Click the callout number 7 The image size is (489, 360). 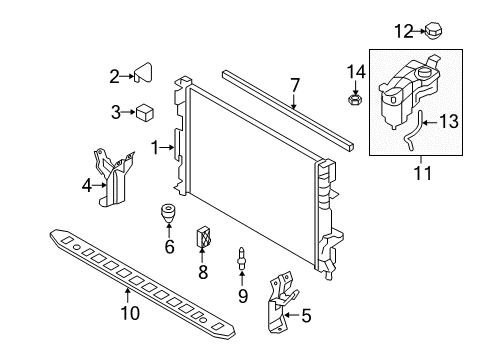tap(294, 85)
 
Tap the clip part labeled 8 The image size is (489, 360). tap(206, 237)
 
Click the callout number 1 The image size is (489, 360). tap(154, 147)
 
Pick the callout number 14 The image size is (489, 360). tap(352, 70)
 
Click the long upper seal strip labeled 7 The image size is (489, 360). tap(290, 111)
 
